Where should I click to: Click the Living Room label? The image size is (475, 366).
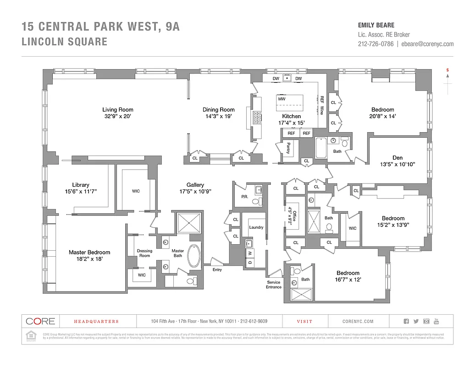pyautogui.click(x=118, y=109)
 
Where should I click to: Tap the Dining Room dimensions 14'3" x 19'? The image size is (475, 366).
pyautogui.click(x=219, y=116)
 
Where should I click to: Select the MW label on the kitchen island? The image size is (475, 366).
pyautogui.click(x=282, y=99)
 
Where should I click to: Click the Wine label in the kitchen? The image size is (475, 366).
pyautogui.click(x=322, y=110)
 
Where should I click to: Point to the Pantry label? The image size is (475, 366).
pyautogui.click(x=288, y=148)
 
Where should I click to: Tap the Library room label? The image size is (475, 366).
pyautogui.click(x=81, y=185)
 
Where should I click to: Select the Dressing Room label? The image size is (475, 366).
pyautogui.click(x=144, y=253)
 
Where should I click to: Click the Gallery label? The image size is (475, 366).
pyautogui.click(x=195, y=185)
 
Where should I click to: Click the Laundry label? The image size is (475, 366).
pyautogui.click(x=256, y=227)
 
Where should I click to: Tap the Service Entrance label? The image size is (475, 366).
pyautogui.click(x=274, y=285)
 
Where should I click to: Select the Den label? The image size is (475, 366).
pyautogui.click(x=398, y=158)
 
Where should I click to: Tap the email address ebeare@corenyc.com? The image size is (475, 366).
pyautogui.click(x=427, y=44)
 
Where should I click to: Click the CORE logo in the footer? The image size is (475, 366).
pyautogui.click(x=40, y=321)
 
